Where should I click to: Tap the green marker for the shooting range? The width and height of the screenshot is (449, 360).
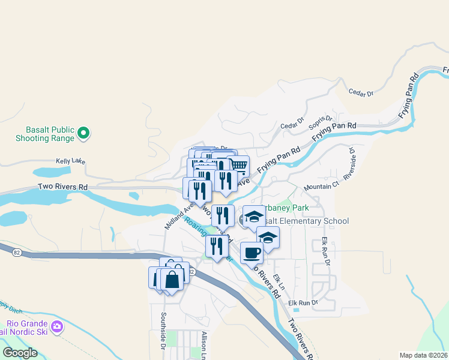84,133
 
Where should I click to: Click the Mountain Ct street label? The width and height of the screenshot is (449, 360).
321,187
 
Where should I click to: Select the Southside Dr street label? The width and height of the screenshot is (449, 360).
162,331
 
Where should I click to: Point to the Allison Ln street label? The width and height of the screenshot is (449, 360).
204,346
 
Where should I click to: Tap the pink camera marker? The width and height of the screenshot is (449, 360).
58,327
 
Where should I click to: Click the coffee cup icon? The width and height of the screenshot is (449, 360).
252,252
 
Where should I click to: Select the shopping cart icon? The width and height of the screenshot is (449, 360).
239,164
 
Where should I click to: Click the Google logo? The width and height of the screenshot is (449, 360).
20,353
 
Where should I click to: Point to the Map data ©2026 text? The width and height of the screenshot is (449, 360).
423,355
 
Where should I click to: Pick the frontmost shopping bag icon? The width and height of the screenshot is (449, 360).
172,280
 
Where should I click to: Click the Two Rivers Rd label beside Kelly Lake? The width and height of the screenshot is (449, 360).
62,187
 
